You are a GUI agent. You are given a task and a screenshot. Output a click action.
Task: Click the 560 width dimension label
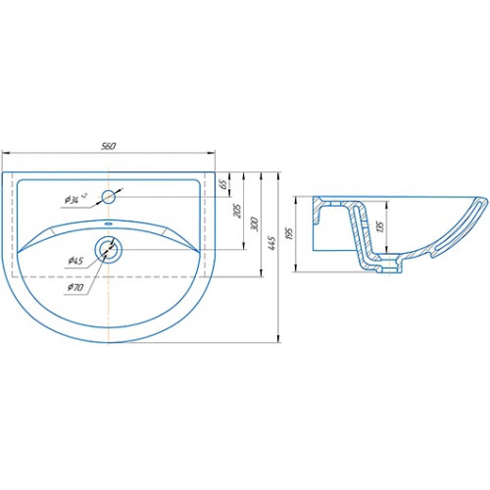[x=108, y=146]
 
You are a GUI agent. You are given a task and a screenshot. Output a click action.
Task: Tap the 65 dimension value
[x=224, y=184]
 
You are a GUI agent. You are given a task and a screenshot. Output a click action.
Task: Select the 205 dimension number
[x=238, y=212]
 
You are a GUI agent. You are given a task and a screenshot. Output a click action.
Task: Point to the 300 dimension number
[x=255, y=223]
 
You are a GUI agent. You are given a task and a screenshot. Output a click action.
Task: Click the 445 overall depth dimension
[x=272, y=242]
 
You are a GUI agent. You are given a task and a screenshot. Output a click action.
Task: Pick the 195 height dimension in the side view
[x=289, y=234]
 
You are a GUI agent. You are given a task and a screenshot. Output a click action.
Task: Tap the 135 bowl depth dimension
[x=380, y=226]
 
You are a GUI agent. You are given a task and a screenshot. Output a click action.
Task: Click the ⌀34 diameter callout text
[x=75, y=199]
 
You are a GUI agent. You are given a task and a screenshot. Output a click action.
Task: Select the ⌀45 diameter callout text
[x=75, y=261]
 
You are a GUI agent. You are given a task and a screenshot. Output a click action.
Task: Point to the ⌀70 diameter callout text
[x=75, y=287]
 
